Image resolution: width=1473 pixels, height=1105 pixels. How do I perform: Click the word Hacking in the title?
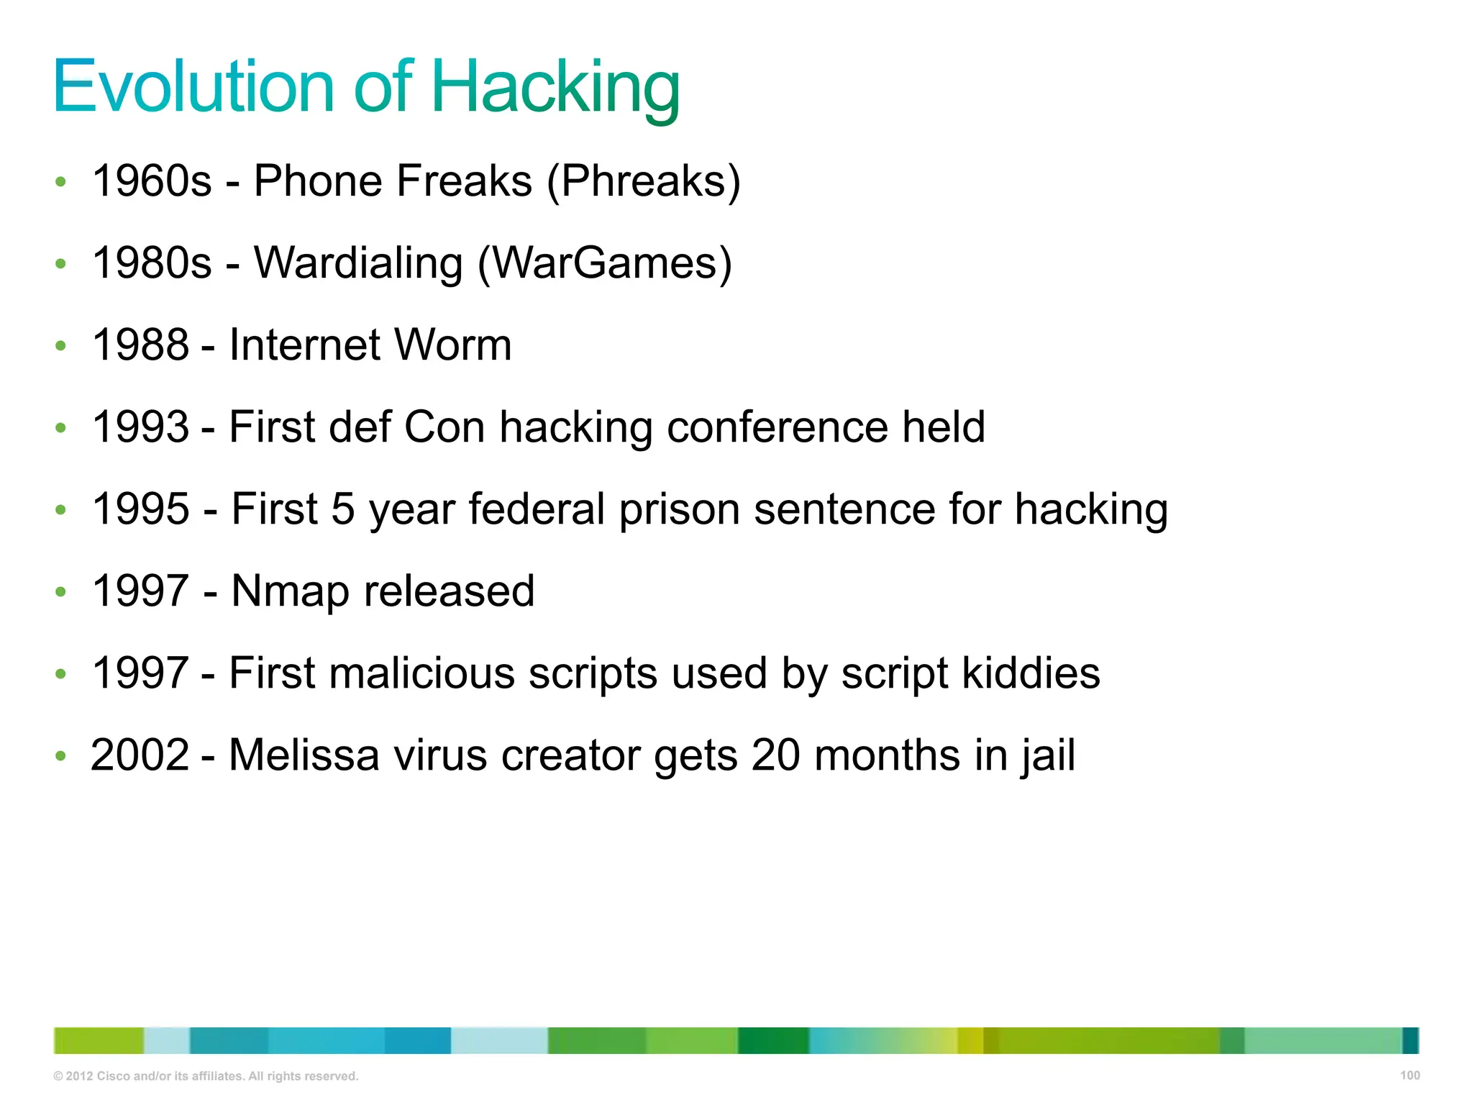tap(555, 88)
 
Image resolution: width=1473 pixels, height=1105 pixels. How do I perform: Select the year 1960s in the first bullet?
tap(152, 181)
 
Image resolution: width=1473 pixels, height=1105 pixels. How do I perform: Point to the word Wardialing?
tap(358, 263)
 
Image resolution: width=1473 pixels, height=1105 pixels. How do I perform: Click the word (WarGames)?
tap(605, 263)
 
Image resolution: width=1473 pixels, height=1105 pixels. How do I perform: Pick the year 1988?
tap(140, 345)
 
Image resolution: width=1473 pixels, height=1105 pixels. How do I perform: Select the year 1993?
tap(140, 427)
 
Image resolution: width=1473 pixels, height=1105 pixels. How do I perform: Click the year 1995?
tap(140, 509)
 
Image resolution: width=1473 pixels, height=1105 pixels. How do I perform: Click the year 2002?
tap(140, 755)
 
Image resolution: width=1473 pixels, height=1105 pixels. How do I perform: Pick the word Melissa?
tap(304, 755)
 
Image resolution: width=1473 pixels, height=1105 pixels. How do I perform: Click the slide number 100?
tap(1410, 1076)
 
